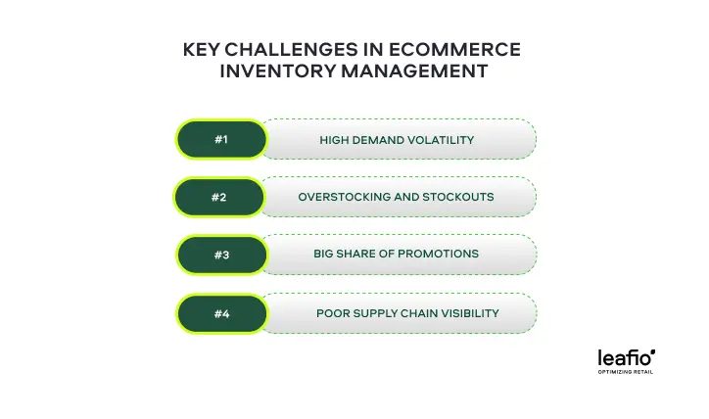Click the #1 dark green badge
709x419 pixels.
tap(221, 139)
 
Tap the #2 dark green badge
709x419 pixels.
tap(218, 197)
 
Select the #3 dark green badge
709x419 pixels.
tap(221, 255)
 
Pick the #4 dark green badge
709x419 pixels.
tap(221, 313)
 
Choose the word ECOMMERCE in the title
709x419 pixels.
tap(454, 50)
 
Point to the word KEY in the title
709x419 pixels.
tap(201, 50)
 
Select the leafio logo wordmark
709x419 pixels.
tap(627, 357)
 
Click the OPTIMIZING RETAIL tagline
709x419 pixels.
tap(626, 372)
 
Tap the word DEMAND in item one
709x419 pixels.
tap(370, 140)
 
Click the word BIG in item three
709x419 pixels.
tap(323, 254)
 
